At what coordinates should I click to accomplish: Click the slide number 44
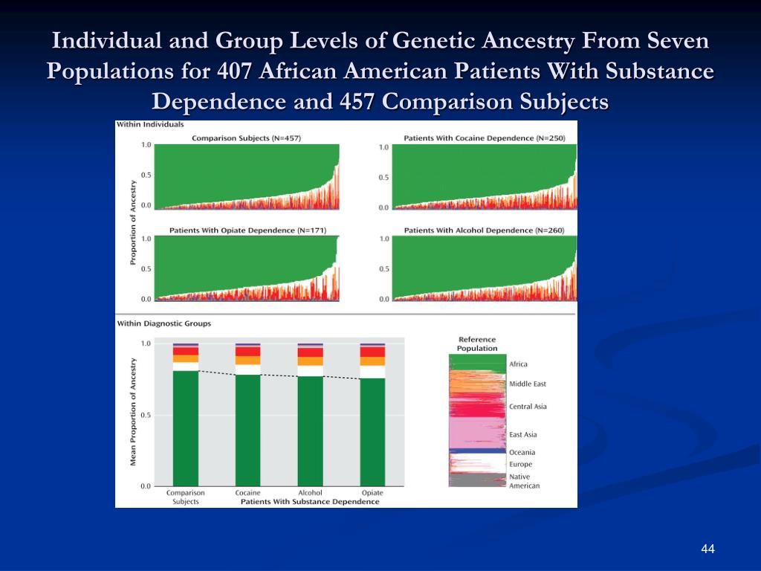coord(707,549)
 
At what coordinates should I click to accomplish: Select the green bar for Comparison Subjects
coord(186,428)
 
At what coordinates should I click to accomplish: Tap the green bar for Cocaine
coord(247,430)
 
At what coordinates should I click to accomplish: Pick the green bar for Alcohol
coord(310,430)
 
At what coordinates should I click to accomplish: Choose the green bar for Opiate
coord(372,431)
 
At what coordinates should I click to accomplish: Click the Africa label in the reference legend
coord(518,364)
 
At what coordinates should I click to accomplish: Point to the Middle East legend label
coord(527,384)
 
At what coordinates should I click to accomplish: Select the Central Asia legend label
coord(528,407)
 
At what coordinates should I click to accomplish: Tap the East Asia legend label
coord(522,434)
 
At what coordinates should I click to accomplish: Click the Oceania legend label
coord(522,452)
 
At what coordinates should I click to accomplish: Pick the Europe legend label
coord(520,465)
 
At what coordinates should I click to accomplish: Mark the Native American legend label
coord(524,481)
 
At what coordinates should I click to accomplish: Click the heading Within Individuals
coord(150,125)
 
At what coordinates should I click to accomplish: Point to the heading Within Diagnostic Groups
coord(163,323)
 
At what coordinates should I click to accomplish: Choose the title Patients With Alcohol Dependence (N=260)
coord(484,230)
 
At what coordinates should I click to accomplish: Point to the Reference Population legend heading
coord(477,343)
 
